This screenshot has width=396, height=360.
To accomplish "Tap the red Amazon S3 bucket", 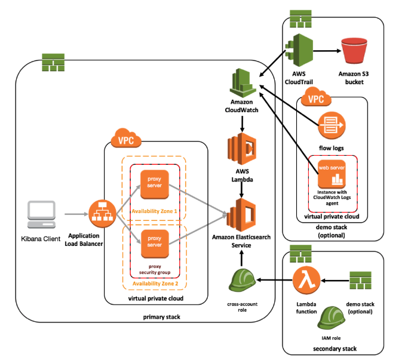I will (352, 51).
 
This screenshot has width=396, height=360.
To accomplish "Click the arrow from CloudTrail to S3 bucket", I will (324, 51).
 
